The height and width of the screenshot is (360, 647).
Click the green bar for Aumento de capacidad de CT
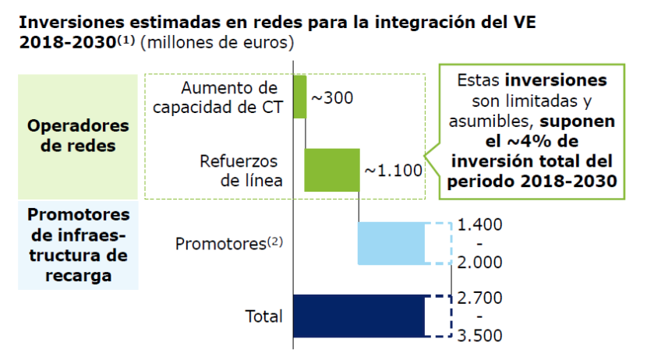coord(299,97)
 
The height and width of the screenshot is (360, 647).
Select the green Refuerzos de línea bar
coord(332,169)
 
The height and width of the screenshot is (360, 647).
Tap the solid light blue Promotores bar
coord(391,243)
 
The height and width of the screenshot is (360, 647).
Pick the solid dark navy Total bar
coord(359,316)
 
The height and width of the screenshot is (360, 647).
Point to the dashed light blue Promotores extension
coord(439,243)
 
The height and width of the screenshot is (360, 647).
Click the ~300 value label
coord(332,99)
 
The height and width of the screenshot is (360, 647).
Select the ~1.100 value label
coord(393,169)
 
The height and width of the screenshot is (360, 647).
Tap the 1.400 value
coord(480,224)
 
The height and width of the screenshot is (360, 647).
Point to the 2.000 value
coord(480,262)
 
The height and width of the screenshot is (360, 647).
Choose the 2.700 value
coord(480,298)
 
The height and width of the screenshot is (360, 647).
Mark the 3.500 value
coord(480,335)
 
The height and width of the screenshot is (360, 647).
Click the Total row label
coord(263,316)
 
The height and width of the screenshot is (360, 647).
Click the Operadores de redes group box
coord(77,135)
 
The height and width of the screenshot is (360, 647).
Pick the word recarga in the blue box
coord(77,274)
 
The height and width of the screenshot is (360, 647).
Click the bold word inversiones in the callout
coord(555,81)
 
